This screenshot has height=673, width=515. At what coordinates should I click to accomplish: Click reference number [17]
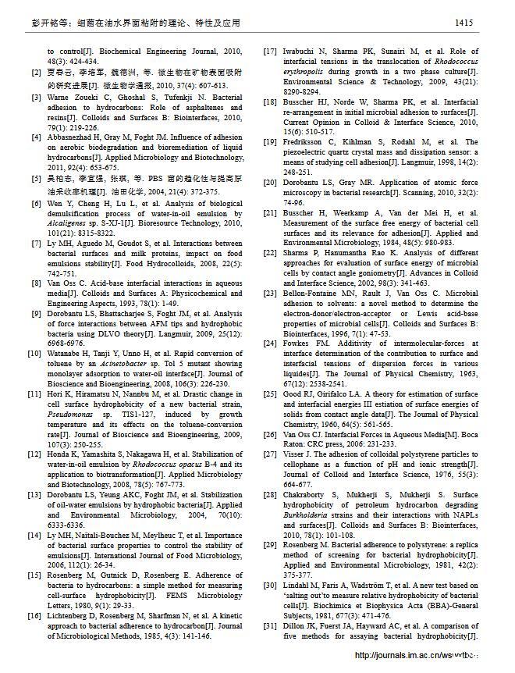tap(269, 52)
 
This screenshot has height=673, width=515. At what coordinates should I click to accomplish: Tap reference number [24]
tap(269, 344)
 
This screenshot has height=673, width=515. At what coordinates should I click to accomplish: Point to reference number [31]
tap(269, 626)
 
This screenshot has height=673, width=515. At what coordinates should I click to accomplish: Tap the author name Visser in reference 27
tap(295, 454)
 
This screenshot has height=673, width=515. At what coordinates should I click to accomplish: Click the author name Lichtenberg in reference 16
tap(72, 616)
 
